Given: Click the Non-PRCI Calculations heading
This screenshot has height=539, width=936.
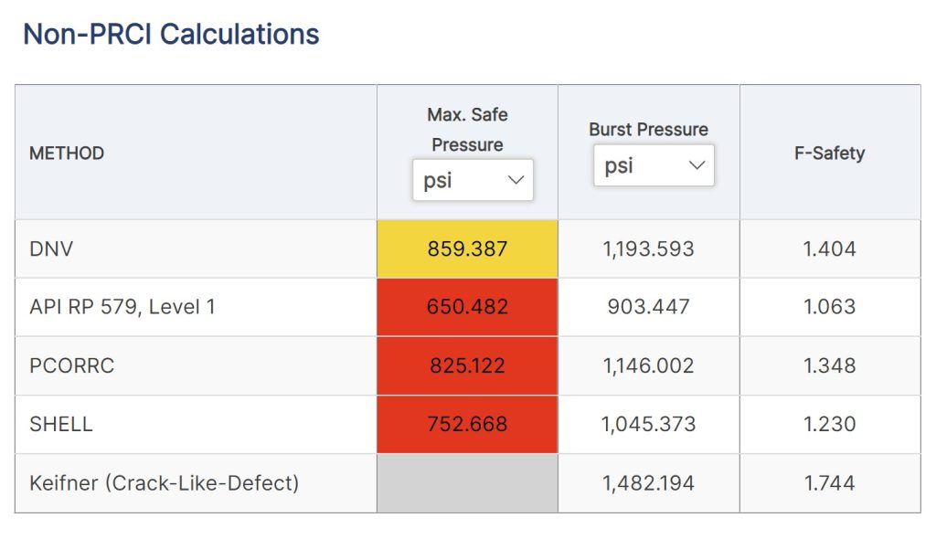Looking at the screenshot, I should click(171, 35).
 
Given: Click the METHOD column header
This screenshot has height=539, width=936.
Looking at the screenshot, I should click(67, 153).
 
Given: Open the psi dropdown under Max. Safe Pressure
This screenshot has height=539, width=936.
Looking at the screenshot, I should click(472, 180).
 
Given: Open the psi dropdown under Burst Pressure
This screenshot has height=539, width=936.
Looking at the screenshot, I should click(653, 165).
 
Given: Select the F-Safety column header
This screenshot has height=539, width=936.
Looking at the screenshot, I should click(829, 153).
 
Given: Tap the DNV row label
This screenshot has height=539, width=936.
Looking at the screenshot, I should click(51, 248).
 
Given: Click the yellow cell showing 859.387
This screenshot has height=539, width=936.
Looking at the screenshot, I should click(467, 248).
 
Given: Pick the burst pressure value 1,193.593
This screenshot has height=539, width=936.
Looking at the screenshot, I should click(648, 248).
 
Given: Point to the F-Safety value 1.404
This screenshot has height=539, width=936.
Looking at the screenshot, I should click(829, 248).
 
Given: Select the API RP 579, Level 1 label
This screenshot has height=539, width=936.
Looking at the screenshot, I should click(122, 307).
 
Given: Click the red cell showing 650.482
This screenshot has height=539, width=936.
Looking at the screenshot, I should click(467, 307).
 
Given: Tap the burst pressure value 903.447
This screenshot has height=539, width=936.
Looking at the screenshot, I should click(648, 307).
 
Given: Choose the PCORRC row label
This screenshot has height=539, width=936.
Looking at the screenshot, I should click(72, 365).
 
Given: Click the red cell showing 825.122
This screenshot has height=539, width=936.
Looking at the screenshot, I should click(467, 365).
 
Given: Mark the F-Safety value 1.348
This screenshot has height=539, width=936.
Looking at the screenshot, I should click(829, 365).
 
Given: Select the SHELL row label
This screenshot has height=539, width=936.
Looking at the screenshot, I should click(61, 424).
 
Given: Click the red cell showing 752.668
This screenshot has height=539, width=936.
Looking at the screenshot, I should click(467, 424).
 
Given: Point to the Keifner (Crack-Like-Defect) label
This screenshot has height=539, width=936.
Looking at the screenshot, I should click(165, 482).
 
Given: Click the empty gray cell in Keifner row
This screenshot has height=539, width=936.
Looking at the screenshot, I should click(467, 482).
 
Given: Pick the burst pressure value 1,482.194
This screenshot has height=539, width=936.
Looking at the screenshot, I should click(648, 482).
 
